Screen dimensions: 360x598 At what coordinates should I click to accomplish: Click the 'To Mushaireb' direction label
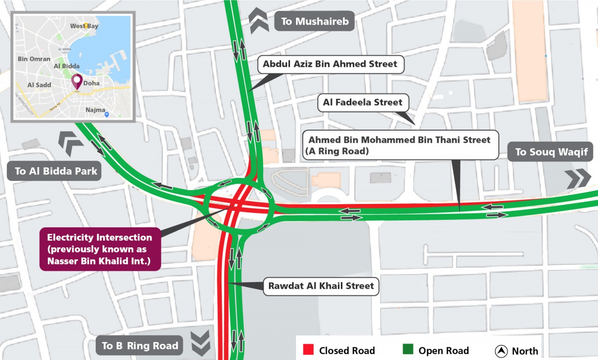tap(313, 21)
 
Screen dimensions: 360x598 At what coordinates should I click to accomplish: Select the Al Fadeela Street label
tap(362, 102)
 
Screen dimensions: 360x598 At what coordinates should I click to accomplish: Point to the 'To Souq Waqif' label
tap(550, 152)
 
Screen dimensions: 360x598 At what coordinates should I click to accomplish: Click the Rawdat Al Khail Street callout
tap(321, 286)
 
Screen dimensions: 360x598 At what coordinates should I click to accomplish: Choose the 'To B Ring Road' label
tap(140, 345)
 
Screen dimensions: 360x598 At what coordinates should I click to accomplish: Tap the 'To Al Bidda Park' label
tap(55, 172)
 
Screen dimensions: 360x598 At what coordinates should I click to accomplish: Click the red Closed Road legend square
tap(307, 350)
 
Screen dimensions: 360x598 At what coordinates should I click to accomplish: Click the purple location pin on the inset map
tap(77, 81)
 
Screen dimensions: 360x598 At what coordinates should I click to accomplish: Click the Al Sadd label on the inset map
tap(39, 85)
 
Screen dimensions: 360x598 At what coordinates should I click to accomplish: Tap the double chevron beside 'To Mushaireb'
tap(259, 20)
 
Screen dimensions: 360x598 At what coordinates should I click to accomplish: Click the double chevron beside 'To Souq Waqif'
tap(579, 178)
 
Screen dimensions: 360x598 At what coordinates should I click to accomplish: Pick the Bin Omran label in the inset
tap(34, 59)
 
